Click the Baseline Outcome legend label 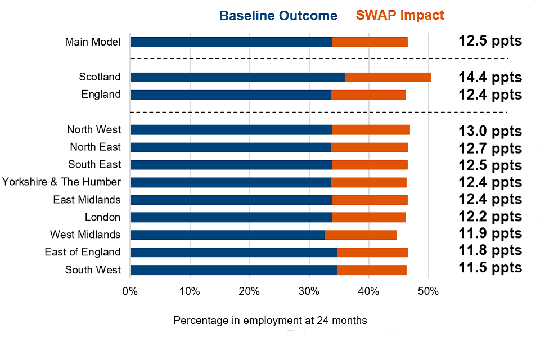coord(278,15)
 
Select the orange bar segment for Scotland coord(388,77)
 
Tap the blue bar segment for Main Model coord(231,42)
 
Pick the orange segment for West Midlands coord(361,235)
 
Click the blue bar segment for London coord(231,217)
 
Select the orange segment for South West coord(371,270)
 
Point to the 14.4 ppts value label coord(489,78)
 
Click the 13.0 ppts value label coord(489,132)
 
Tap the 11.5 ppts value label coord(489,267)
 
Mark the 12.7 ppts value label coord(489,149)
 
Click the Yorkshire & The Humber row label coord(61,182)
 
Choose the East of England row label coord(83,251)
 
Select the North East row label coord(95,147)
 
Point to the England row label coord(101,94)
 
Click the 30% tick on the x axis coord(309,291)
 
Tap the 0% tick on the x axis coord(130,291)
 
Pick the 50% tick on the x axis coord(428,291)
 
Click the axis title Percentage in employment coord(270,321)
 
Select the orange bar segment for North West coord(371,130)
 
